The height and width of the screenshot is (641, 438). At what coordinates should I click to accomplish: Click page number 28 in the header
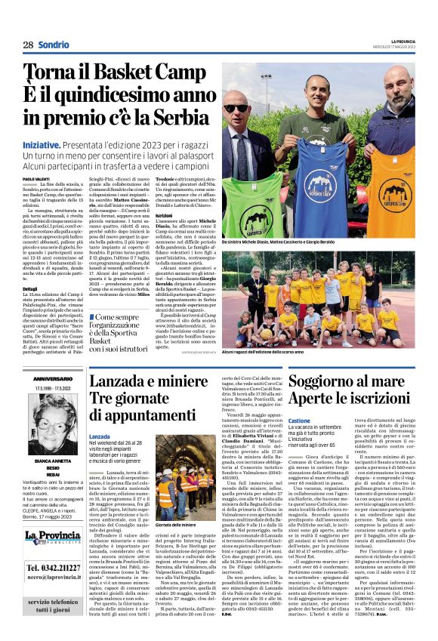click(28, 45)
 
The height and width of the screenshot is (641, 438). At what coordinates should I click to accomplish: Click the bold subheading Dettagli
click(32, 288)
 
